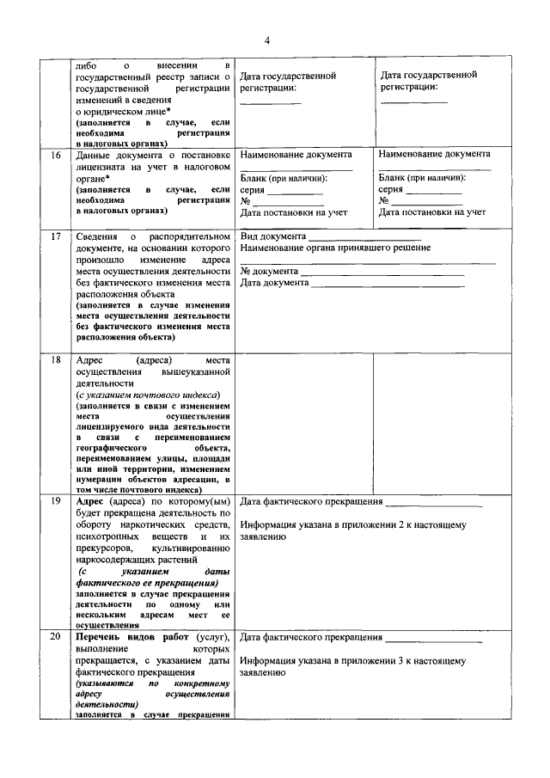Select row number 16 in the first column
point(56,155)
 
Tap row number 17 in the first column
point(56,236)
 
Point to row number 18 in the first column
point(56,359)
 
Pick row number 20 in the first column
point(56,637)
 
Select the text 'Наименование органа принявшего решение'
point(336,248)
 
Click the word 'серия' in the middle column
point(253,189)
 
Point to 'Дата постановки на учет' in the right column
point(432,211)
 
